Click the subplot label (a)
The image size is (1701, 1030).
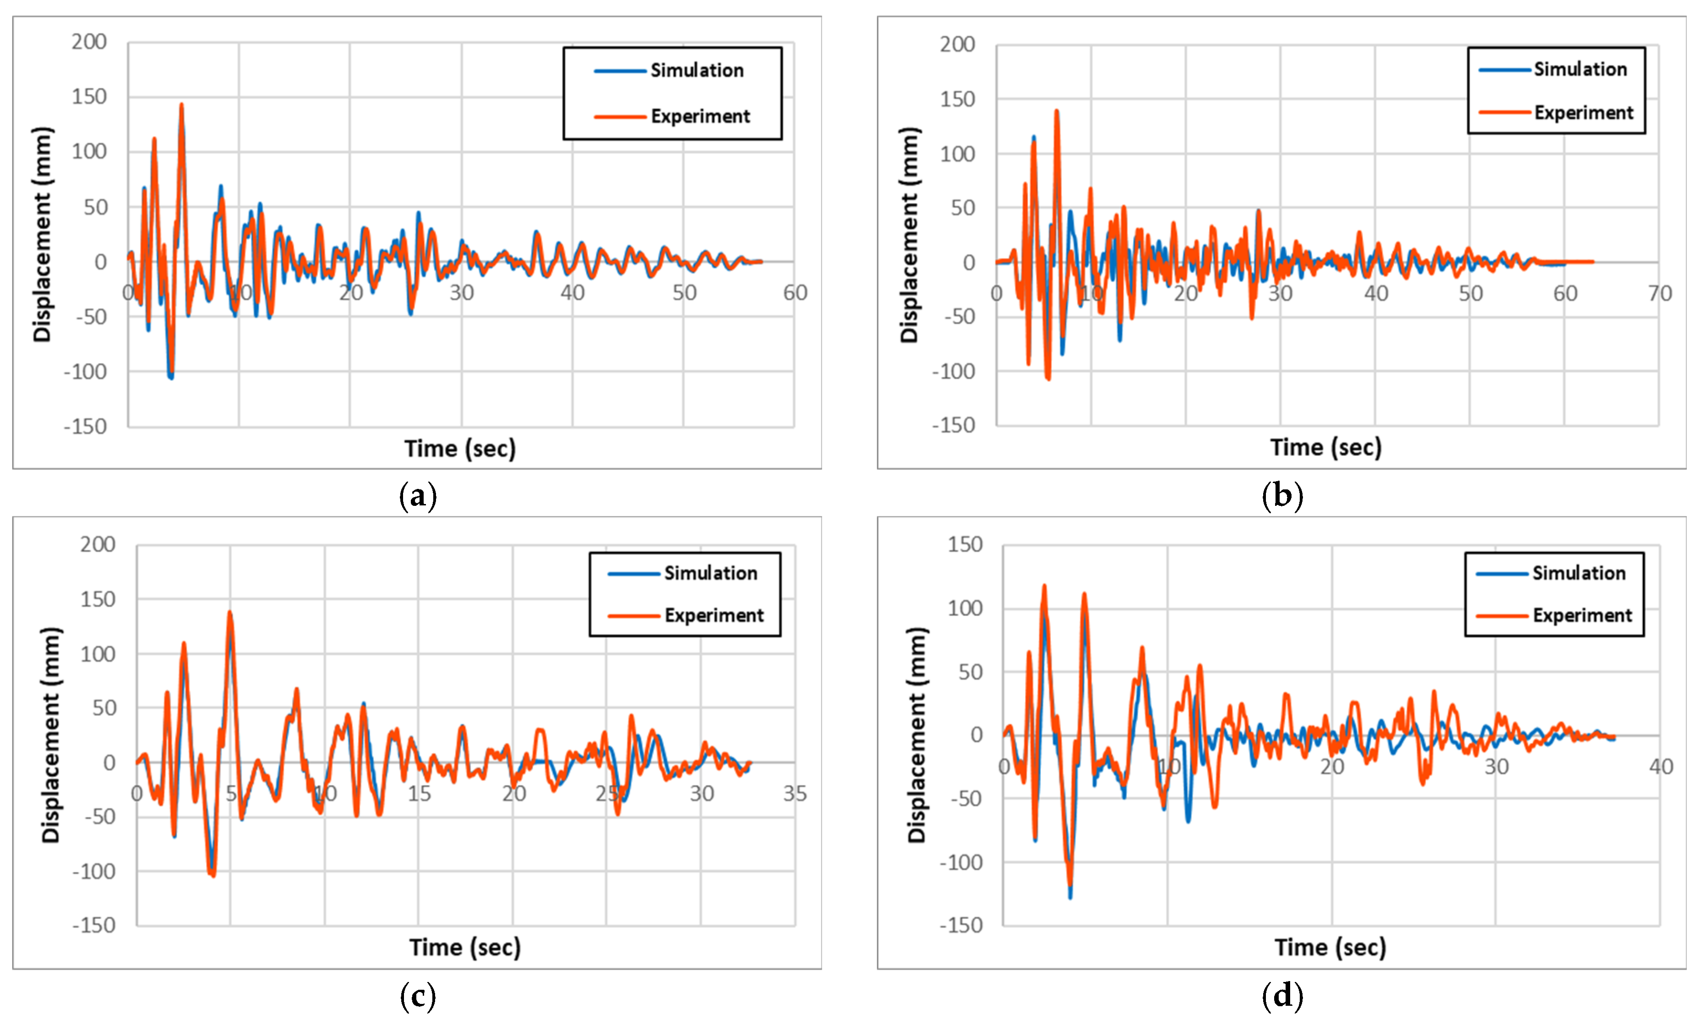click(418, 496)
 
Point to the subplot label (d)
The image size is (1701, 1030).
click(1282, 996)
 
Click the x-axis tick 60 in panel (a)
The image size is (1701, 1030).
click(795, 293)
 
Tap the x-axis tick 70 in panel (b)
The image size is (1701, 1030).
click(1659, 293)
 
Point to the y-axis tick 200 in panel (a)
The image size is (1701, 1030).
click(89, 42)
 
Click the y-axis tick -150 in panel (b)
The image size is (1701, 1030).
click(953, 425)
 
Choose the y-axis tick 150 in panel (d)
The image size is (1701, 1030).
click(964, 545)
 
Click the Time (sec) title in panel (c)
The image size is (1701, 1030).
click(465, 947)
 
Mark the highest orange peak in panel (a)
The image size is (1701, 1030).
click(182, 105)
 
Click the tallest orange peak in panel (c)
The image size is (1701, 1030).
click(230, 612)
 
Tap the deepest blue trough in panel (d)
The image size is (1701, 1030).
click(1070, 897)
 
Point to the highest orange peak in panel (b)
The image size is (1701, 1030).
click(1056, 111)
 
